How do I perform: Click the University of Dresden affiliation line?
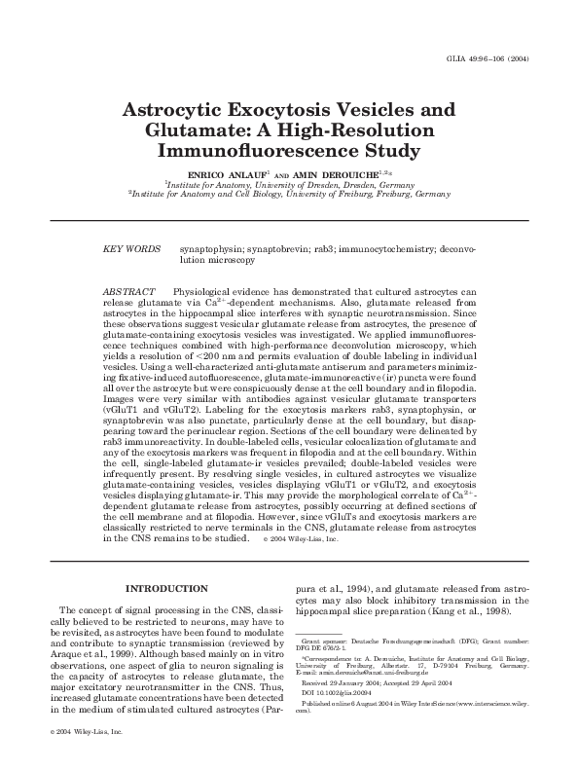pos(288,182)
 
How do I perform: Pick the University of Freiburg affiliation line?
pos(288,193)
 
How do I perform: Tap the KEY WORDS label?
pos(131,250)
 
